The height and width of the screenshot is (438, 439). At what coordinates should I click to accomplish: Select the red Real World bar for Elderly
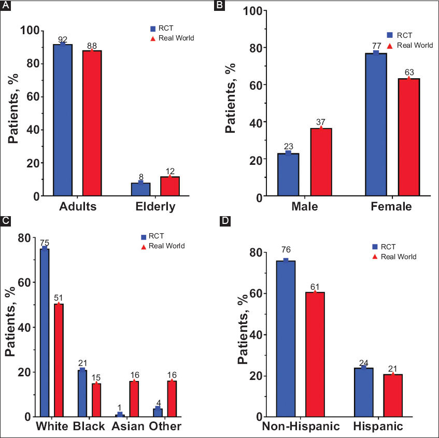[x=169, y=186]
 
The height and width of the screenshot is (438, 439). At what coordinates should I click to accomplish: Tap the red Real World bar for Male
[x=321, y=162]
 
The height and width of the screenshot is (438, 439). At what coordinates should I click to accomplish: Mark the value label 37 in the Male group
[x=321, y=122]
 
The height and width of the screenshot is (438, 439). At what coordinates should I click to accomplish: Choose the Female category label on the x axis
[x=391, y=207]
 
